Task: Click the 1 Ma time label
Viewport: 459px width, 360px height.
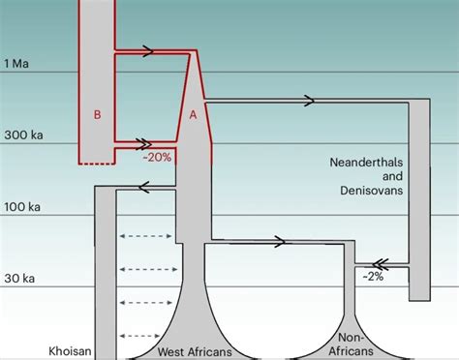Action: tap(17, 63)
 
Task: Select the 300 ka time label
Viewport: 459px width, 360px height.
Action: tap(21, 135)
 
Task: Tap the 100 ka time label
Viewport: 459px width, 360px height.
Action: tap(21, 207)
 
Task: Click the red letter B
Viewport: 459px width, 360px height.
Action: tap(97, 114)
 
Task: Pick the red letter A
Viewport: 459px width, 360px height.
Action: tap(193, 114)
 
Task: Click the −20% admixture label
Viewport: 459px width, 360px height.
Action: tap(157, 158)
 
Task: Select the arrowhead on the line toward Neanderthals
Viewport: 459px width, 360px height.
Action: tap(309, 100)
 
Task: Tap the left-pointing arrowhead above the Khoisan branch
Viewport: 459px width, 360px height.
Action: tap(143, 190)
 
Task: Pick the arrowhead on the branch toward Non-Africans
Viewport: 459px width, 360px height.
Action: tap(280, 241)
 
